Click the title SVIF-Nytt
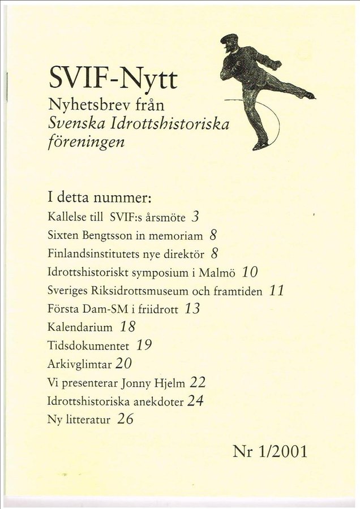click(x=113, y=78)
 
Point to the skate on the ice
click(x=260, y=145)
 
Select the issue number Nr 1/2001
click(x=269, y=451)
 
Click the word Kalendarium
click(x=80, y=327)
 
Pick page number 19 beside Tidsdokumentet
click(x=144, y=345)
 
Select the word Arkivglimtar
click(x=80, y=364)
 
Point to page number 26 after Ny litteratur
click(x=125, y=419)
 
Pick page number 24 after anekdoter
click(x=195, y=400)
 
